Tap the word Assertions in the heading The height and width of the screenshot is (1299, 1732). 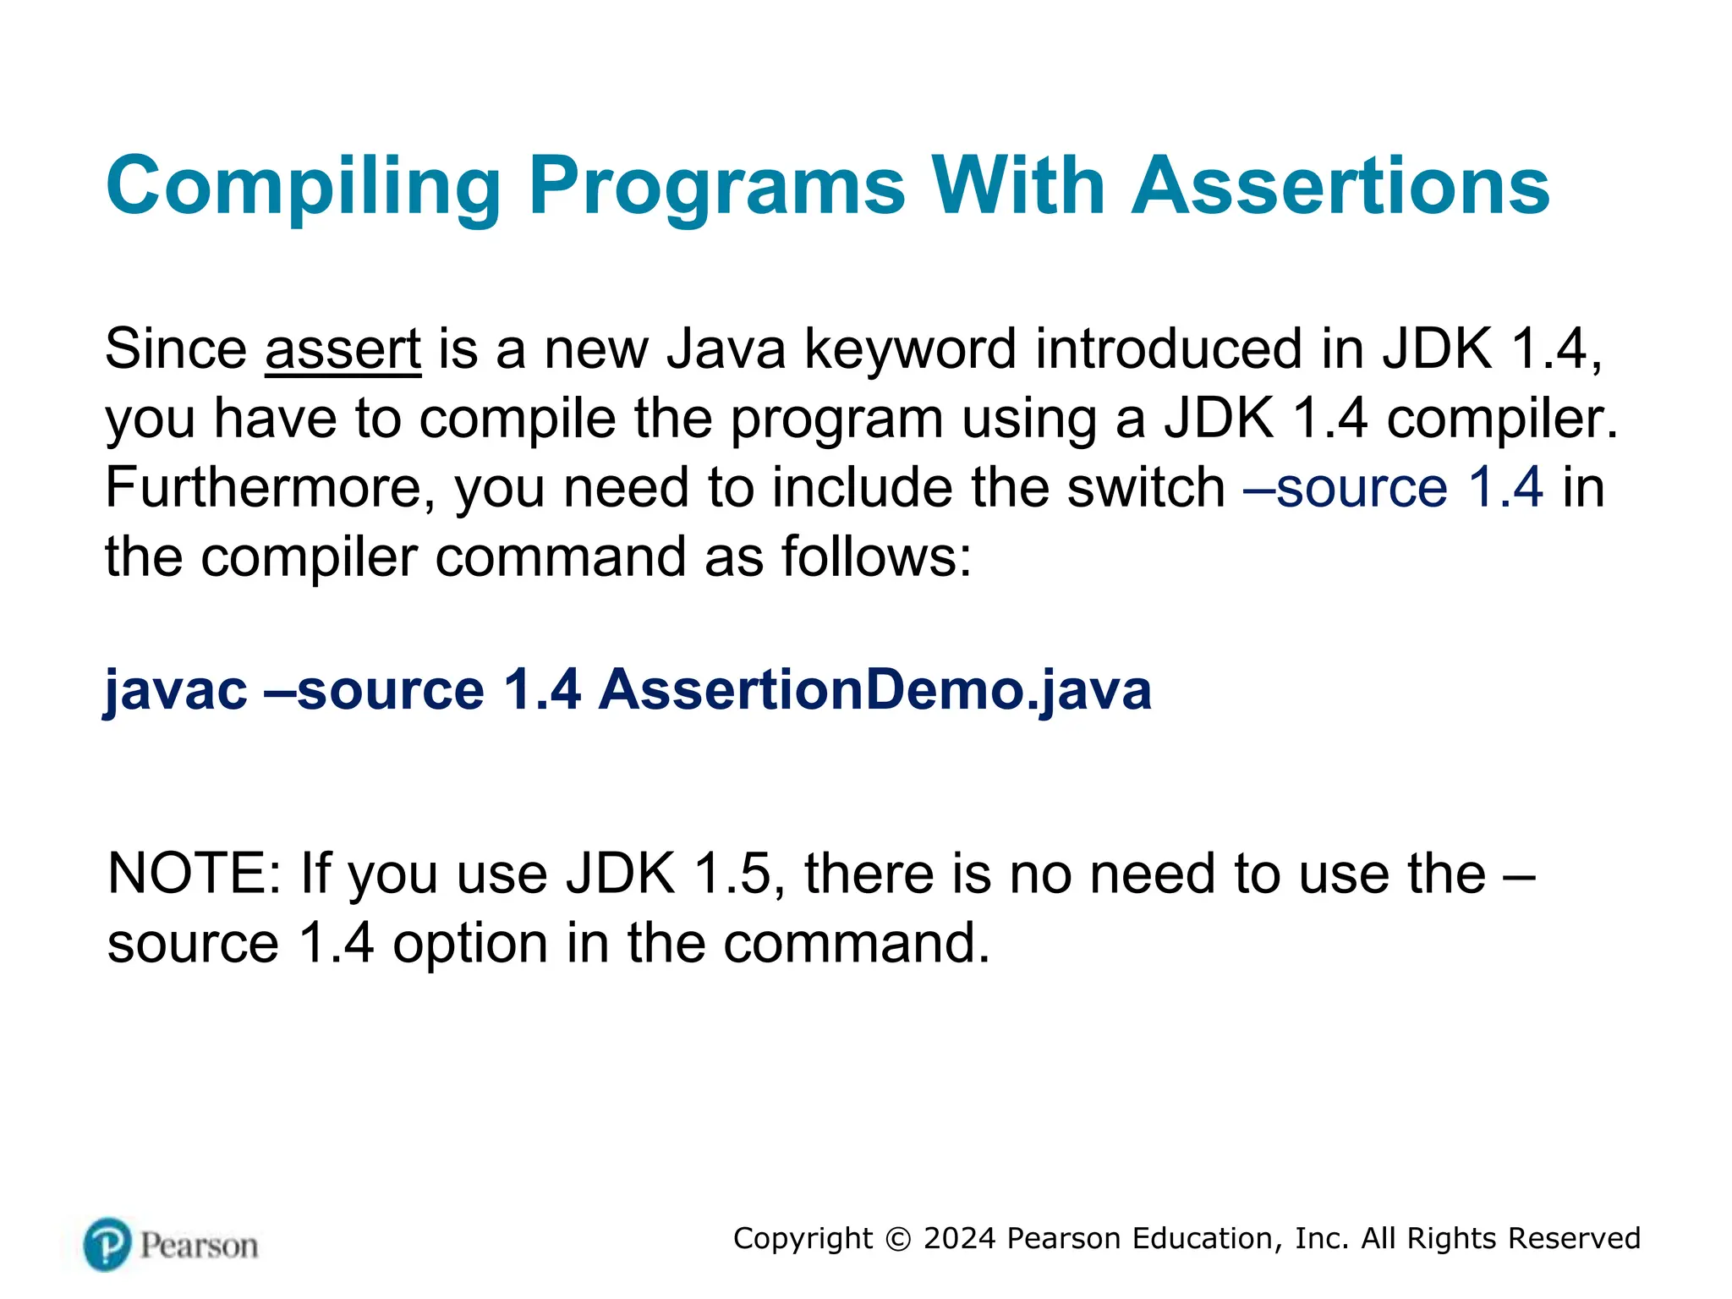click(1340, 186)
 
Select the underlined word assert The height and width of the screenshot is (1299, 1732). click(343, 348)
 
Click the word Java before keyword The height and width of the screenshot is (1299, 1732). click(726, 348)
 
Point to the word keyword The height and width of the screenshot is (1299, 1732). click(909, 348)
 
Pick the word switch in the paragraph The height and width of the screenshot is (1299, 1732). click(1146, 488)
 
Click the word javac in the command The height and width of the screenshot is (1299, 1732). click(176, 690)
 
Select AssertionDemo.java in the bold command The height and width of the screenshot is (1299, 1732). click(875, 690)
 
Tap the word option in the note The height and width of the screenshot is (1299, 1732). click(470, 943)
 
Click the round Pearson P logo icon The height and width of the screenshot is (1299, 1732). click(107, 1244)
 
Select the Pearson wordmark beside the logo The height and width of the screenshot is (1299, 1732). click(199, 1246)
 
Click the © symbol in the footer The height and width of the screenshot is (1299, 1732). click(898, 1239)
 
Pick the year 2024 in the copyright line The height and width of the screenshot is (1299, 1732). click(960, 1238)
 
